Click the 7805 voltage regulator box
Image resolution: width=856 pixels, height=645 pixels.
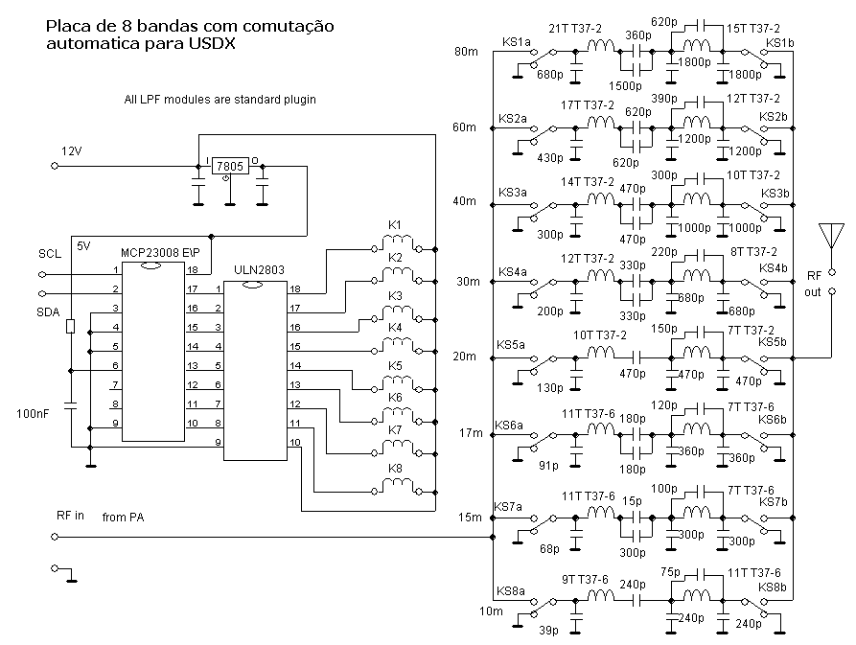(229, 166)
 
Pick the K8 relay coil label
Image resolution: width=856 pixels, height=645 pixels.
(394, 469)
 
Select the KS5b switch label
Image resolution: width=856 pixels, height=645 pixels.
(771, 342)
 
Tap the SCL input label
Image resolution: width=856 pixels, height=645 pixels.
(49, 254)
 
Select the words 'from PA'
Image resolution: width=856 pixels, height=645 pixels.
(123, 518)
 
